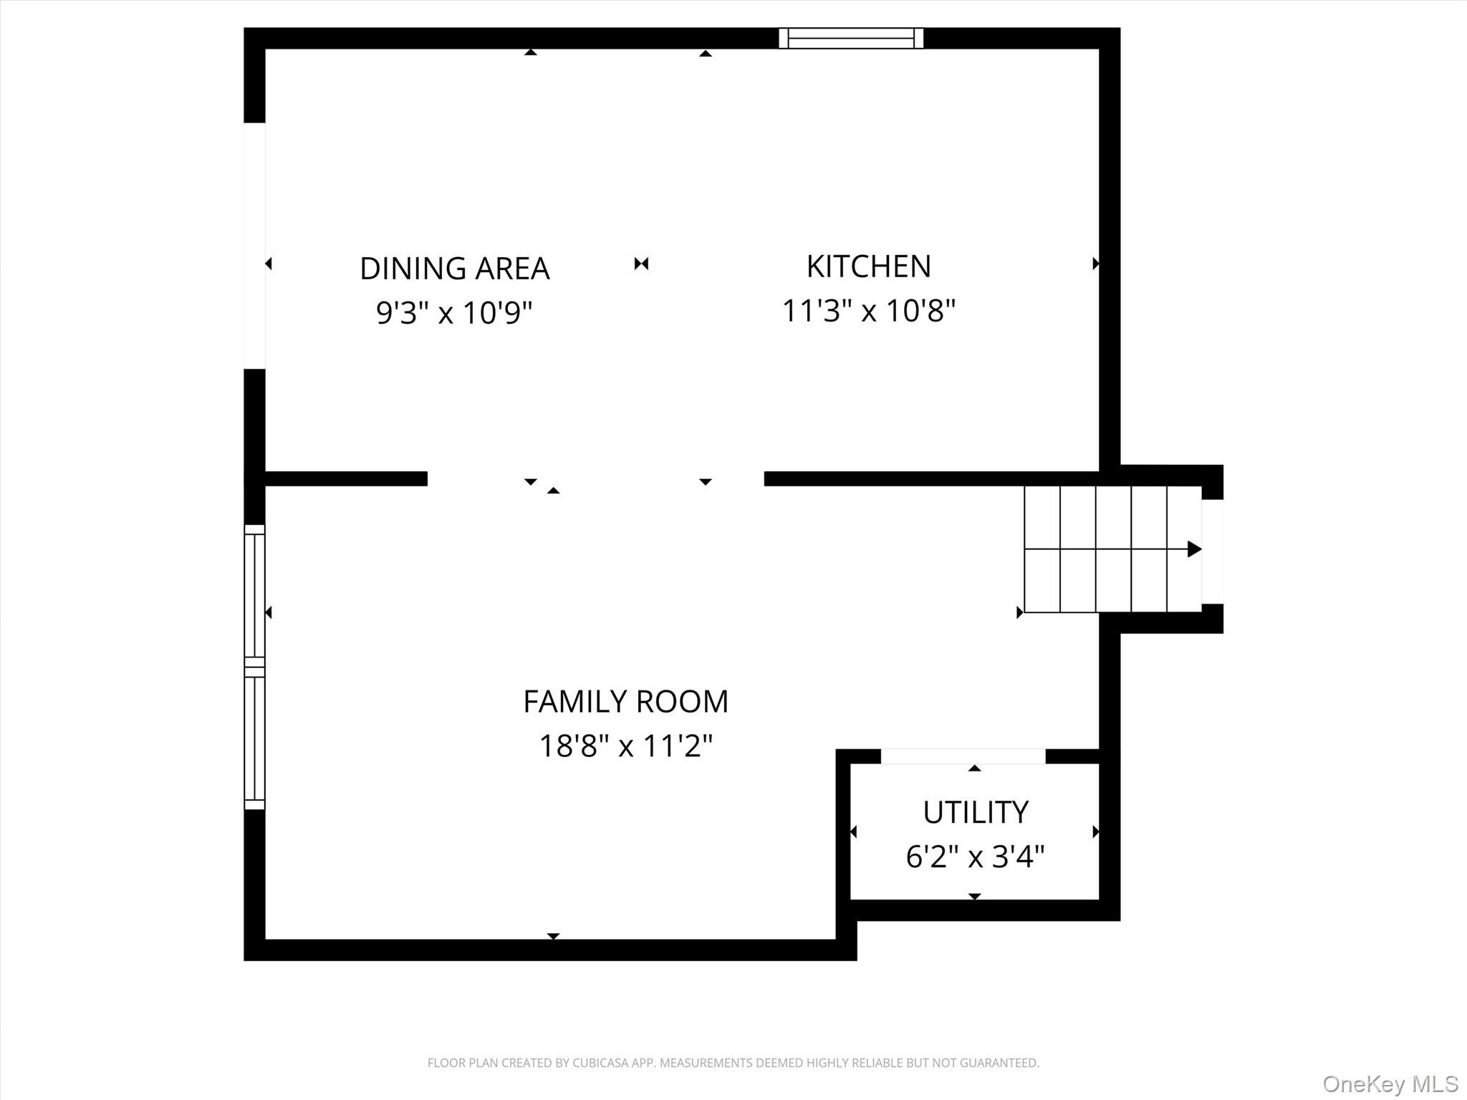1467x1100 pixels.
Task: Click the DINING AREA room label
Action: [454, 269]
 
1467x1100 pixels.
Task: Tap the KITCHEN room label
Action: [869, 266]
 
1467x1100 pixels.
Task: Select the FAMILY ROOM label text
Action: [625, 702]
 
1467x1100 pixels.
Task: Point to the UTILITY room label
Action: [976, 812]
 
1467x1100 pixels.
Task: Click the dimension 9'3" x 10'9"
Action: [454, 313]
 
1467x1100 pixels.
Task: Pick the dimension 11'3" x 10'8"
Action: [869, 311]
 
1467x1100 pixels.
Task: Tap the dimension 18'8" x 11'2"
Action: [625, 746]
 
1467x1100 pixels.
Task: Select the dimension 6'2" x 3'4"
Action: [976, 857]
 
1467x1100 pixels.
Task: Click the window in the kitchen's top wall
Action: [851, 38]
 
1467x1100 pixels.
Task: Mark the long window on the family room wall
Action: [255, 667]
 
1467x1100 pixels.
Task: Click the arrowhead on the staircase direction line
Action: [1194, 549]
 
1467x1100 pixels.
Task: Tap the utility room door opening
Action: [963, 756]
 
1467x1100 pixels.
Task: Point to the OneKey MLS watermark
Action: [1390, 1084]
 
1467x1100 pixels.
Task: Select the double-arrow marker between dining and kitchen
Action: [641, 264]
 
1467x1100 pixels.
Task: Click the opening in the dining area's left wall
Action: [255, 246]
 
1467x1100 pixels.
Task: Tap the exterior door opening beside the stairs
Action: [1213, 551]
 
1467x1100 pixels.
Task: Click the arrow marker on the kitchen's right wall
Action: [1095, 264]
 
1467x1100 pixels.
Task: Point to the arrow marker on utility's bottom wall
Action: [974, 896]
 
